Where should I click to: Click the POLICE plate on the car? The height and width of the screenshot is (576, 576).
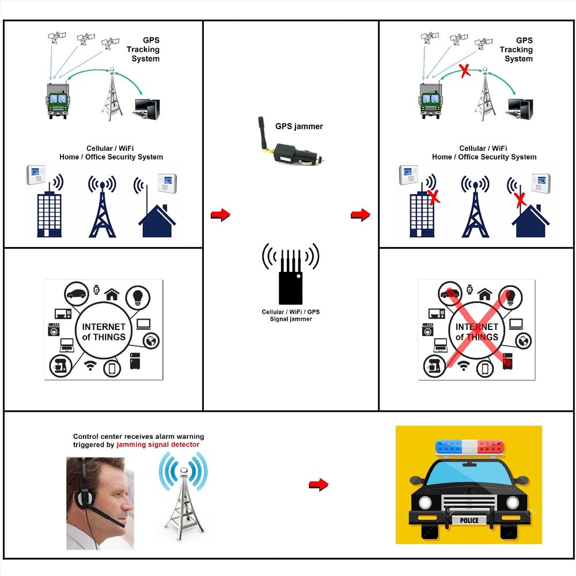[x=468, y=520]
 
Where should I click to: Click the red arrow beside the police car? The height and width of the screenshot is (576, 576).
[x=318, y=484]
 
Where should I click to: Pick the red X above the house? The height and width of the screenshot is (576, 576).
[x=520, y=200]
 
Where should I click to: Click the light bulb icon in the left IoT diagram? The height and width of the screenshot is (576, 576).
[x=138, y=296]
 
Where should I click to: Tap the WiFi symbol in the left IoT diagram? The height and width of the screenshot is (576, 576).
[x=90, y=366]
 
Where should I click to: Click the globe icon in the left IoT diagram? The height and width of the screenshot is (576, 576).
[x=151, y=341]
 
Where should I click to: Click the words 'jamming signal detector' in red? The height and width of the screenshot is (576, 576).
[x=158, y=445]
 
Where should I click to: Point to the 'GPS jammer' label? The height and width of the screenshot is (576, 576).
[x=299, y=126]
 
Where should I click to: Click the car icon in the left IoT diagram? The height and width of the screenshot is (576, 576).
[x=75, y=294]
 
